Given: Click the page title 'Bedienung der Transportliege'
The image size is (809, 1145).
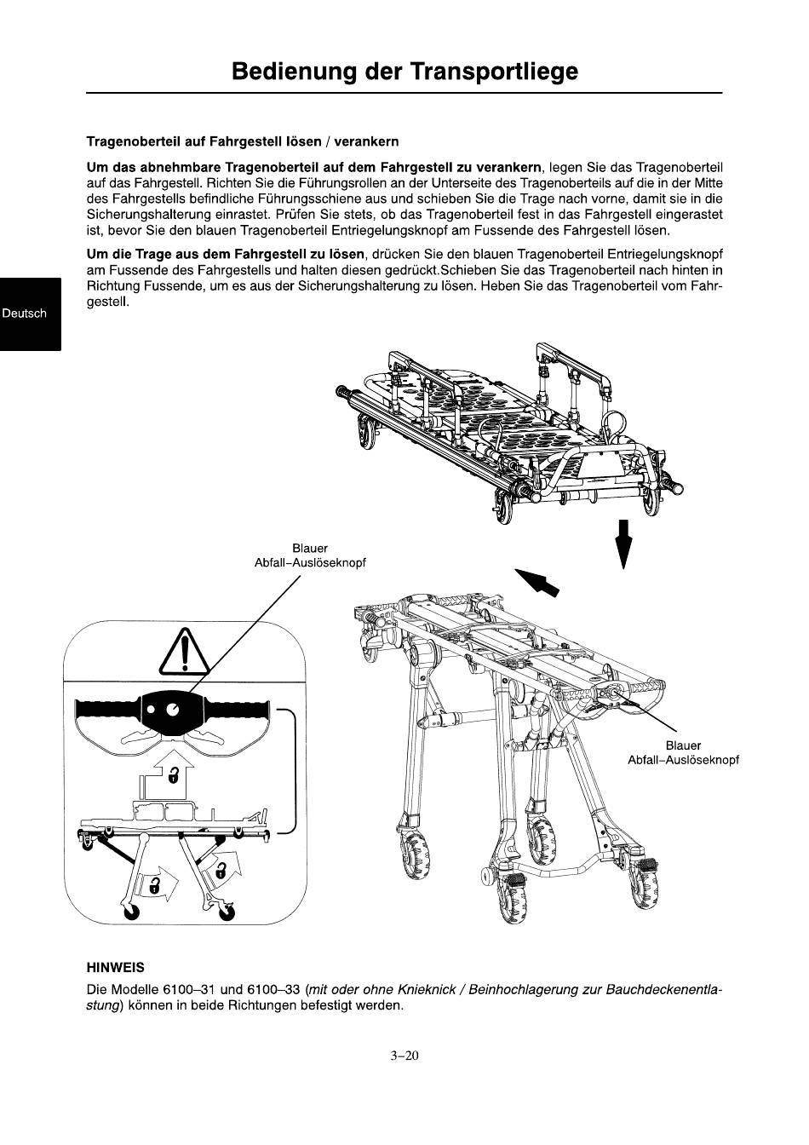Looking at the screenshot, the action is coord(404,72).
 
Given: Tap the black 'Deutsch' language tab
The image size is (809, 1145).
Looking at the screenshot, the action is coord(30,314).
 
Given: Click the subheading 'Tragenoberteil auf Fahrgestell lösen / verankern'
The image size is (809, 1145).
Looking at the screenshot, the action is coord(242,141).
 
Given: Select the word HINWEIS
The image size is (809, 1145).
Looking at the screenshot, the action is coord(116,967).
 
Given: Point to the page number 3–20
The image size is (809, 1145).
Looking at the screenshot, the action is coord(404,1056).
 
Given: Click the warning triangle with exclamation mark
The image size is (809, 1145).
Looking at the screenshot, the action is coord(184,652).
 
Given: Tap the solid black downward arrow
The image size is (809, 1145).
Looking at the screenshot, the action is coord(623,544).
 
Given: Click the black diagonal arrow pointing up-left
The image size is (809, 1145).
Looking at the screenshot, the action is coord(536,582).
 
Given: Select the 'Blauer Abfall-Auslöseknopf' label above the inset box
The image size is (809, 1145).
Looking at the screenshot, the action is coord(310,555).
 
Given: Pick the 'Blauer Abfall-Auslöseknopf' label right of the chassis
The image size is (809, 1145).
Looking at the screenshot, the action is coord(683,753).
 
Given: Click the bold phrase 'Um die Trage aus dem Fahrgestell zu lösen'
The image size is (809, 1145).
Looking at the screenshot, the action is coord(226,254).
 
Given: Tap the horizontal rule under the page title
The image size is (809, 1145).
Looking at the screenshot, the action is coord(404,93).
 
